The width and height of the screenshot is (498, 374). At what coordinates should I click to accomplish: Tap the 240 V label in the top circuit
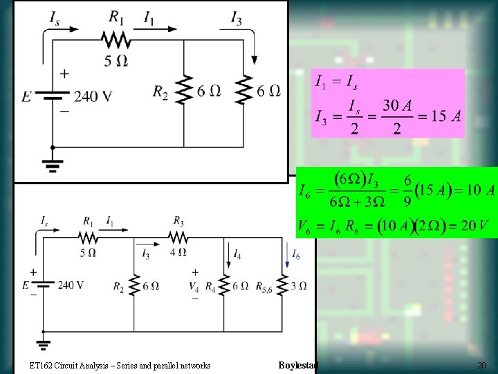pyautogui.click(x=93, y=96)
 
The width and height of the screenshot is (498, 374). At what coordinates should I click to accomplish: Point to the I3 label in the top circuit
pyautogui.click(x=237, y=18)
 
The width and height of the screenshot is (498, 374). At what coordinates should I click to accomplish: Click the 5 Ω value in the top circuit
pyautogui.click(x=116, y=61)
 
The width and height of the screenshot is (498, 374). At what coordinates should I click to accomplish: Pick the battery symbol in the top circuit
pyautogui.click(x=53, y=96)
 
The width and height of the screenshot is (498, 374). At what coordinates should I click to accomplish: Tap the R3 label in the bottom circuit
pyautogui.click(x=178, y=221)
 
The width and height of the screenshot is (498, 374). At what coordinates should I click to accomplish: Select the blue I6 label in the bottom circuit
pyautogui.click(x=295, y=255)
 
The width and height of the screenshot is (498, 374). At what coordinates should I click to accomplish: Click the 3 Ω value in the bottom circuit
pyautogui.click(x=299, y=285)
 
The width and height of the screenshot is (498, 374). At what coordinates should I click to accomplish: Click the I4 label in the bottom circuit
pyautogui.click(x=237, y=253)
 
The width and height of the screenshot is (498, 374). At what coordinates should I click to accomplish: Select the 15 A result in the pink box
pyautogui.click(x=445, y=116)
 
